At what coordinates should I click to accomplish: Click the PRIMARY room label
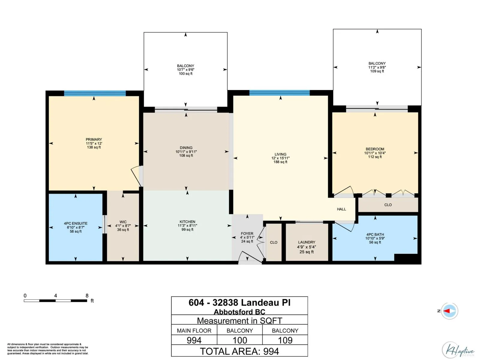[x=94, y=139]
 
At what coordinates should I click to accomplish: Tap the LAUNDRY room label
[x=307, y=242]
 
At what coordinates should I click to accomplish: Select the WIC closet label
[x=123, y=222]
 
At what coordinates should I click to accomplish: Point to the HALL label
[x=341, y=209]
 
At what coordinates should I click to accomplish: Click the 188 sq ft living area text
[x=280, y=162]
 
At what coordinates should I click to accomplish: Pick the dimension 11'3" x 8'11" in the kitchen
[x=187, y=226]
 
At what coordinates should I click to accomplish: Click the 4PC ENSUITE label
[x=76, y=223]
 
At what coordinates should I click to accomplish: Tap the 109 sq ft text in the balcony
[x=377, y=71]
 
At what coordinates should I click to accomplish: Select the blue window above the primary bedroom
[x=95, y=93]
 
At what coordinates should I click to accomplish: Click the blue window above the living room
[x=280, y=93]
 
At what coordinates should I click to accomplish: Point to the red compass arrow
[x=446, y=311]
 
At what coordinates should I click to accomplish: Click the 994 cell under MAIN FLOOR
[x=194, y=340]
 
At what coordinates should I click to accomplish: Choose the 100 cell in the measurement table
[x=240, y=340]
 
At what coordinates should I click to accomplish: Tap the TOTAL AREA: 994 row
[x=239, y=351]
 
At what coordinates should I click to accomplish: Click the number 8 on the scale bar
[x=87, y=295]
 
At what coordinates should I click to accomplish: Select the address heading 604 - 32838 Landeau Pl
[x=239, y=303]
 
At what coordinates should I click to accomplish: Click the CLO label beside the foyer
[x=274, y=242]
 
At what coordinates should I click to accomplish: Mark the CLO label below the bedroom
[x=388, y=205]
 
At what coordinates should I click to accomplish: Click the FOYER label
[x=247, y=234]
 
